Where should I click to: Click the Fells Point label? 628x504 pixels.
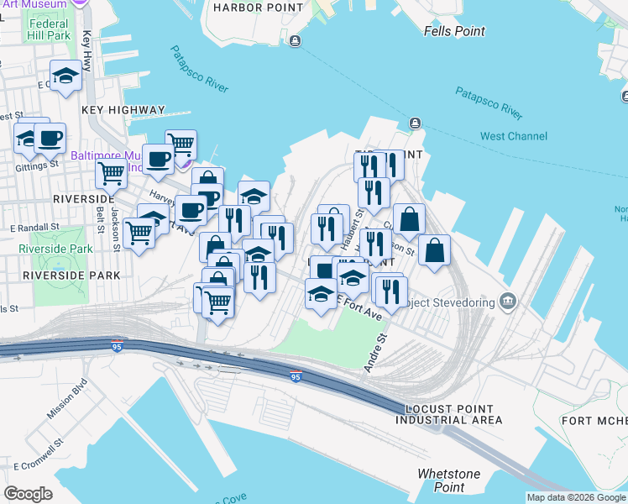pyautogui.click(x=454, y=31)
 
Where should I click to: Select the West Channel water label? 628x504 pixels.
pyautogui.click(x=514, y=136)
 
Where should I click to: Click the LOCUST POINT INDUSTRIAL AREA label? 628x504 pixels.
pyautogui.click(x=453, y=414)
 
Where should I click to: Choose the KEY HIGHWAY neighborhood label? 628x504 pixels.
pyautogui.click(x=123, y=110)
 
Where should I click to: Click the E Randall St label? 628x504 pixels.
pyautogui.click(x=34, y=227)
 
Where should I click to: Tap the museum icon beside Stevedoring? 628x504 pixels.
pyautogui.click(x=507, y=301)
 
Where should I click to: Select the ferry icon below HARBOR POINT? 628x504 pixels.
pyautogui.click(x=293, y=41)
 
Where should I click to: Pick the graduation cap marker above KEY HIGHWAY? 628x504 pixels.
pyautogui.click(x=65, y=76)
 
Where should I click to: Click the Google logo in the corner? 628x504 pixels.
pyautogui.click(x=29, y=494)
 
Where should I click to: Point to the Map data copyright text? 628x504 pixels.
pyautogui.click(x=576, y=497)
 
